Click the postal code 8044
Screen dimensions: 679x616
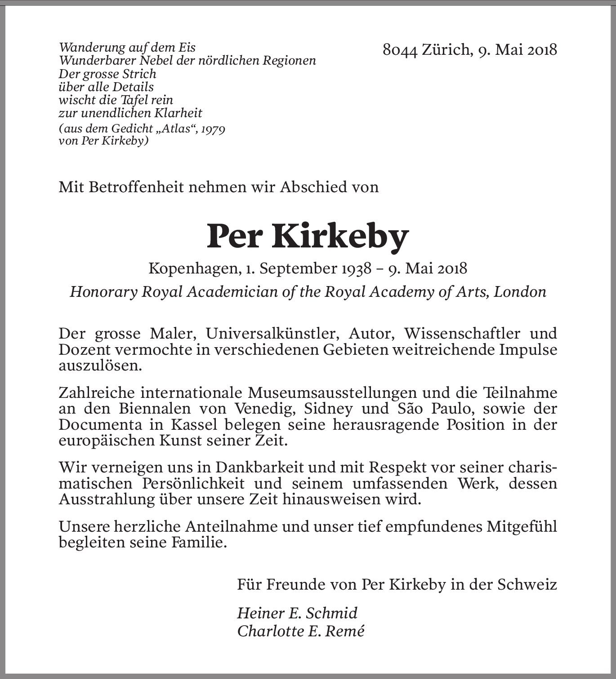tap(400, 50)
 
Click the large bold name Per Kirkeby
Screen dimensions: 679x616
tap(308, 236)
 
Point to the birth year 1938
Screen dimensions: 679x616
tap(356, 269)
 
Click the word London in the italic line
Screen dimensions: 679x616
tap(520, 292)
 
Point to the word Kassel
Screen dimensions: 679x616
tap(194, 424)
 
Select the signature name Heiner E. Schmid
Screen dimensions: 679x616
tap(297, 613)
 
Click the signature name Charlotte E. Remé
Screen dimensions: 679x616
tap(300, 631)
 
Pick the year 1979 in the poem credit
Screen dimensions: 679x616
tap(213, 129)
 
